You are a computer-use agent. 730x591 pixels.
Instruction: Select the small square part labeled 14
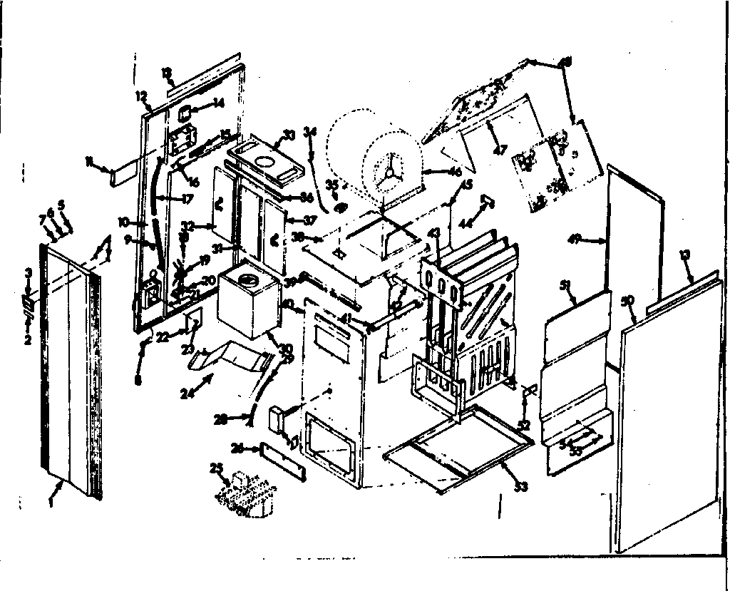point(184,112)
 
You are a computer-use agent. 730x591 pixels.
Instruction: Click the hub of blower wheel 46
point(390,170)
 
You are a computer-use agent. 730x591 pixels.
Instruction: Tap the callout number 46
point(453,172)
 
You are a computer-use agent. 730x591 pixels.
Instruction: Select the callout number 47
point(501,149)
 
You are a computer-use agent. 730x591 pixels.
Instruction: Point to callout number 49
point(575,240)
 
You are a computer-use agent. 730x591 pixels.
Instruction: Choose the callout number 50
point(627,301)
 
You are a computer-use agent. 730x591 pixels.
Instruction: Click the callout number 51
point(565,285)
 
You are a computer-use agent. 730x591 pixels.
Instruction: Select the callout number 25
point(217,468)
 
